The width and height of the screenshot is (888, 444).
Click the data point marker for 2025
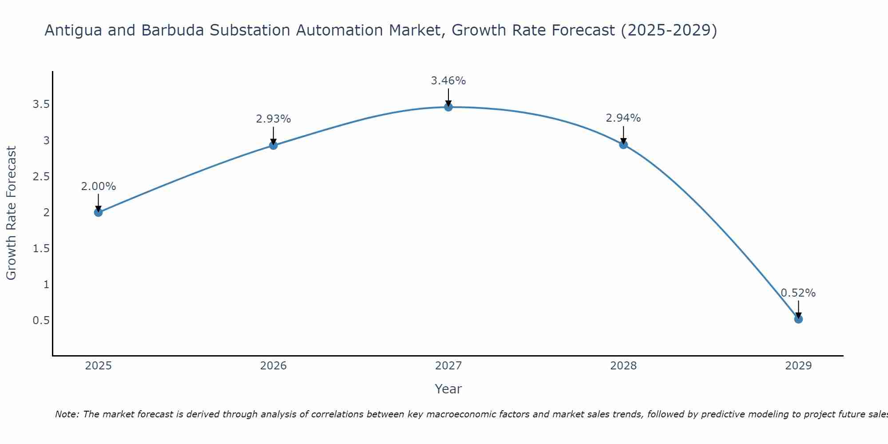(98, 212)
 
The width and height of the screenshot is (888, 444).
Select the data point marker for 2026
(274, 145)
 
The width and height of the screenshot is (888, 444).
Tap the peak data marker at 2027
(448, 107)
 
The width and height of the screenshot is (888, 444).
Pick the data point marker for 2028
(623, 144)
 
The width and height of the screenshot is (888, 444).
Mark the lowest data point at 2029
(798, 319)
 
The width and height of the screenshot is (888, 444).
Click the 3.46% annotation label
(448, 81)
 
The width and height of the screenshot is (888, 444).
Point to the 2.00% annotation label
(98, 186)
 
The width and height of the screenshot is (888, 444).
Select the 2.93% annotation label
(274, 119)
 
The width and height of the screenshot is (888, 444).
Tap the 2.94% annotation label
(623, 118)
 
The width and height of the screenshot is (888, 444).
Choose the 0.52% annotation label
(798, 293)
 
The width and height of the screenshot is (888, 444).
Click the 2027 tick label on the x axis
(448, 366)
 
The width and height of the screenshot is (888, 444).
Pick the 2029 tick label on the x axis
(798, 366)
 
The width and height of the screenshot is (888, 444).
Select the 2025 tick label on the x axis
(98, 366)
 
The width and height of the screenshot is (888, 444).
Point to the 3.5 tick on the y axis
(41, 104)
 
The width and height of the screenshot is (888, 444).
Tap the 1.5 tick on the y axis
(41, 248)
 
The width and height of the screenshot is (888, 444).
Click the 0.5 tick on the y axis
(41, 320)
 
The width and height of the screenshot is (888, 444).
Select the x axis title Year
(448, 389)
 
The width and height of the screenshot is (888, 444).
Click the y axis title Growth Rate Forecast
(11, 213)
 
